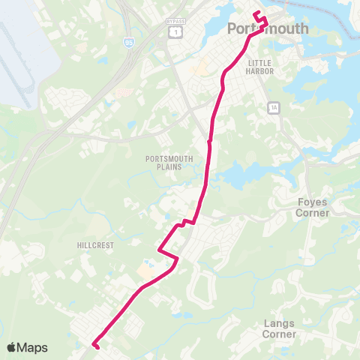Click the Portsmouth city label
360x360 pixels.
click(267, 28)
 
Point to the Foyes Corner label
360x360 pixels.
click(313, 207)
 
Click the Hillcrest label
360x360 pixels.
click(94, 245)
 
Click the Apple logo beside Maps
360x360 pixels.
click(11, 347)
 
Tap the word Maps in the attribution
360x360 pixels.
click(32, 347)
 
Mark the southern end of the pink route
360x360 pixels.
click(94, 345)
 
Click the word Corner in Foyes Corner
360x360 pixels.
click(313, 213)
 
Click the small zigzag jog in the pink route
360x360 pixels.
click(185, 222)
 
